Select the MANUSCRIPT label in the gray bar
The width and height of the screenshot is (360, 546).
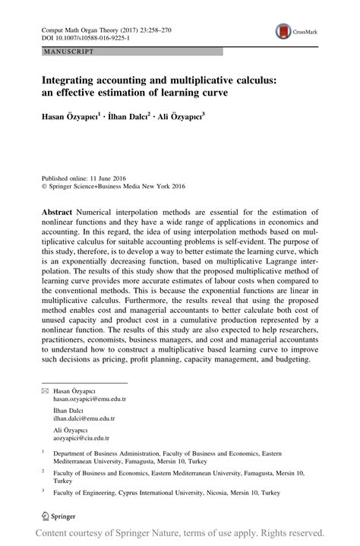69,52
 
